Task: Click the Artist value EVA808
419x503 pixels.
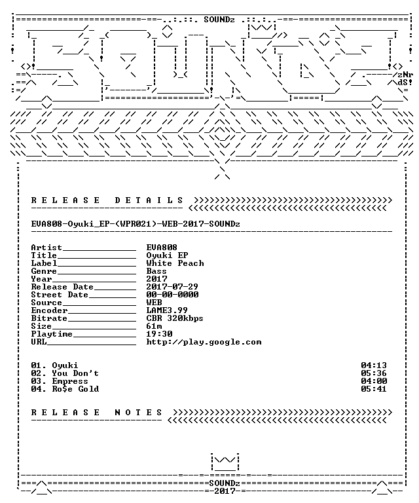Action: [x=162, y=248]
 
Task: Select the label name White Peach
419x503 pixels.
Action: [x=175, y=263]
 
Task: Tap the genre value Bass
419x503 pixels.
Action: [x=156, y=271]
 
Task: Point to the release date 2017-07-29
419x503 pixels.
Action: [x=172, y=286]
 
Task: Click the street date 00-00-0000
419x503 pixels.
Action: [x=172, y=295]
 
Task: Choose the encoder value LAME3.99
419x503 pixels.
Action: [x=167, y=310]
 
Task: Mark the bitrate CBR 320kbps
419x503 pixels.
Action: [x=175, y=318]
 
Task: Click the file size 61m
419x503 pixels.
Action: [x=155, y=326]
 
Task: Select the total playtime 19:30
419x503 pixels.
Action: [x=159, y=334]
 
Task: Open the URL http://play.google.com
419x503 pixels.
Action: [x=204, y=342]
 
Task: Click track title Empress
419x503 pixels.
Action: [x=70, y=381]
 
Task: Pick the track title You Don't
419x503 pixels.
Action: [x=75, y=373]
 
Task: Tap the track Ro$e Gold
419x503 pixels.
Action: [x=76, y=389]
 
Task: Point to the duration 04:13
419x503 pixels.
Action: [x=374, y=365]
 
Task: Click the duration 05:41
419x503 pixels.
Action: [x=374, y=389]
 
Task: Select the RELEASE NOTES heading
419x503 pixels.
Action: [x=97, y=412]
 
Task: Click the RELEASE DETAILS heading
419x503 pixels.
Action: [x=107, y=200]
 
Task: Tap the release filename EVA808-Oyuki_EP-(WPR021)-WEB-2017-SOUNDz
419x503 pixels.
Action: [x=136, y=223]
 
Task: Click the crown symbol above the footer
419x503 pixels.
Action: [x=225, y=462]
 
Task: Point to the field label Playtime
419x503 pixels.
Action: [x=52, y=334]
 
